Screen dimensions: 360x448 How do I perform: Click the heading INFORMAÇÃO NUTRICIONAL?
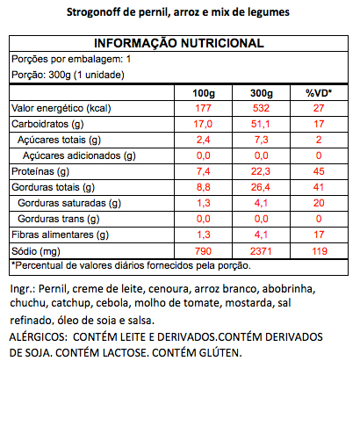(x=179, y=43)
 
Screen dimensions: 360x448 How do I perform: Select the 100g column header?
(x=204, y=93)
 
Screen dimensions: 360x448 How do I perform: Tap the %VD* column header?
(x=319, y=93)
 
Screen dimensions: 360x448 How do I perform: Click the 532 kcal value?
(x=261, y=108)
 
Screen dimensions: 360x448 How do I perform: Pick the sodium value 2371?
(x=261, y=251)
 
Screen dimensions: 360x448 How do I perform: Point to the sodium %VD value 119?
(x=320, y=251)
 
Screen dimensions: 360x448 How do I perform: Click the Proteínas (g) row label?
(x=40, y=171)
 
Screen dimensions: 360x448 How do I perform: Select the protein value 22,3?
(x=261, y=171)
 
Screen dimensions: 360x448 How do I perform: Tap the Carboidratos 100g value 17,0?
(x=203, y=124)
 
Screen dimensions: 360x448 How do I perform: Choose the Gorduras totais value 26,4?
(x=261, y=187)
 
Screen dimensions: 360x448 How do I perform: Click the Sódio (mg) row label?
(x=36, y=251)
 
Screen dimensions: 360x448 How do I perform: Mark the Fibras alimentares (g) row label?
(x=60, y=235)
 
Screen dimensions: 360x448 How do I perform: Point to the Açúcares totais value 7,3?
(x=261, y=140)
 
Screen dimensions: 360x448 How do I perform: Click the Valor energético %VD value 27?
(x=319, y=108)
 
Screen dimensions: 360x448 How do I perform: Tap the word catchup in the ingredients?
(x=71, y=303)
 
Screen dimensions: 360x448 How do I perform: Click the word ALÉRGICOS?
(x=39, y=336)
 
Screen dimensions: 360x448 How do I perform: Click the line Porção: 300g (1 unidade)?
(x=68, y=75)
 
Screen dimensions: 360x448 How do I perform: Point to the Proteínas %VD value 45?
(x=319, y=171)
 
